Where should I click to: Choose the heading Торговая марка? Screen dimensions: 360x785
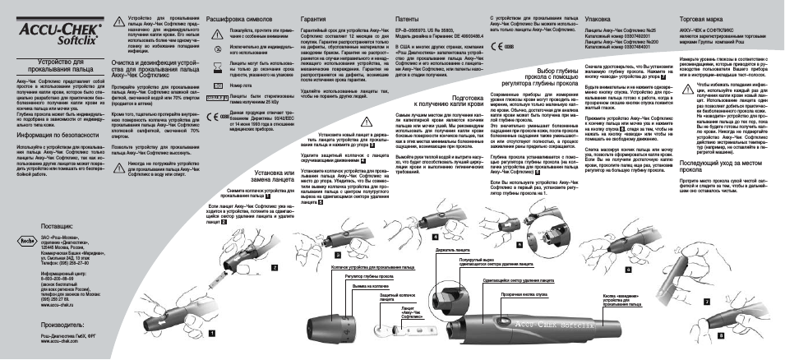pyautogui.click(x=700, y=17)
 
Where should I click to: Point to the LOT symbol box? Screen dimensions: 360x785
pyautogui.click(x=216, y=85)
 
